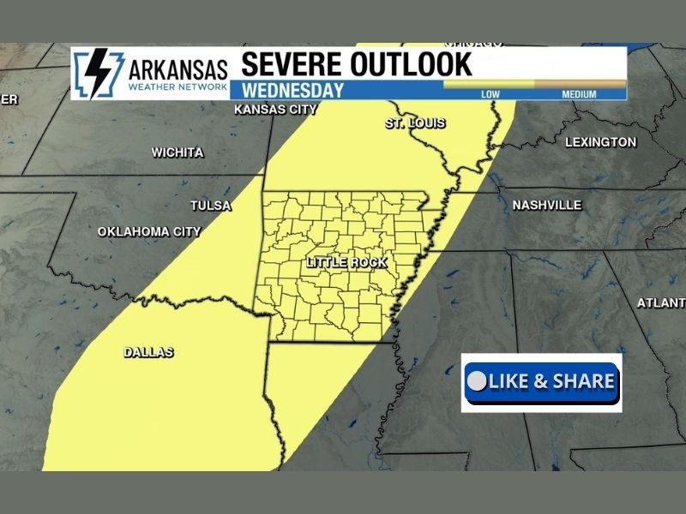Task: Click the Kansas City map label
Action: click(275, 110)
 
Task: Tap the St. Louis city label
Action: click(415, 123)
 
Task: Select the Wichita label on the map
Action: click(178, 152)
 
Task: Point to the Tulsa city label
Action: click(211, 206)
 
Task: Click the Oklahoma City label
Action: click(149, 231)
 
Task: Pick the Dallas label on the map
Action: click(148, 352)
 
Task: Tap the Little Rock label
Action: click(346, 263)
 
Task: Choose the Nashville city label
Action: click(547, 206)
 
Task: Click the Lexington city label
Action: click(601, 142)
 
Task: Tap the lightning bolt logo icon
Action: click(96, 74)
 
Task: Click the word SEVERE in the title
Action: click(294, 64)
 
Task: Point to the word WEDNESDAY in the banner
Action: click(293, 90)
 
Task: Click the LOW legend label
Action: click(490, 94)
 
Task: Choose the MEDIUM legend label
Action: click(579, 94)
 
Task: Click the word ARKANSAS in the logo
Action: click(178, 69)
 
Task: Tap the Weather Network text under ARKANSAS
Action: click(178, 87)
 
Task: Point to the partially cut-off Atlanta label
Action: click(661, 303)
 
